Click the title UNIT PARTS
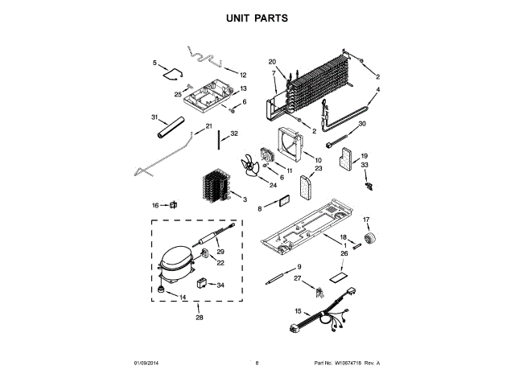click(x=257, y=17)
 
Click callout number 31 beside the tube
click(x=154, y=117)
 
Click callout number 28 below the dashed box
click(x=199, y=316)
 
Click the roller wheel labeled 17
click(x=372, y=237)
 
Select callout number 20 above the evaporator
click(x=272, y=62)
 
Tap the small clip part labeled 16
click(x=172, y=205)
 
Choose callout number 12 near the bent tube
click(x=242, y=75)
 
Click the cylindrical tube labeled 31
click(x=171, y=127)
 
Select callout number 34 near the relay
click(x=220, y=285)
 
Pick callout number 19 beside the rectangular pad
click(x=364, y=156)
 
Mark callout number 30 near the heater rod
click(x=361, y=124)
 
